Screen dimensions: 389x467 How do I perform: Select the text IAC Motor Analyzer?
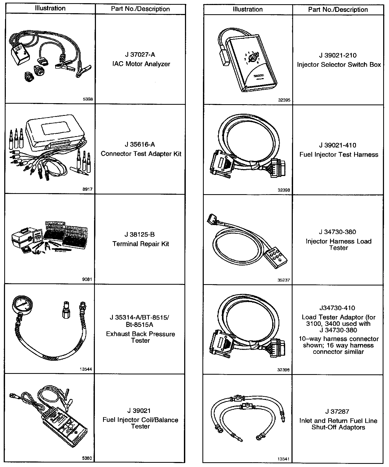141,64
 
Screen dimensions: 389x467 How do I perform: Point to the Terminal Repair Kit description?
141,244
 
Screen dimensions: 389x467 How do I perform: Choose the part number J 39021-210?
338,55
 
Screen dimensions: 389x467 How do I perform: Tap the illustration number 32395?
284,100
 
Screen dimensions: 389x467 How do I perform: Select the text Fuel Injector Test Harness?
339,154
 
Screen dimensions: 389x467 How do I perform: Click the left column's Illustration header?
50,8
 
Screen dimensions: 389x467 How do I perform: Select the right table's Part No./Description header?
338,10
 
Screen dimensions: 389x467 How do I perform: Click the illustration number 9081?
87,279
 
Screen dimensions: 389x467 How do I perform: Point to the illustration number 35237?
284,280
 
